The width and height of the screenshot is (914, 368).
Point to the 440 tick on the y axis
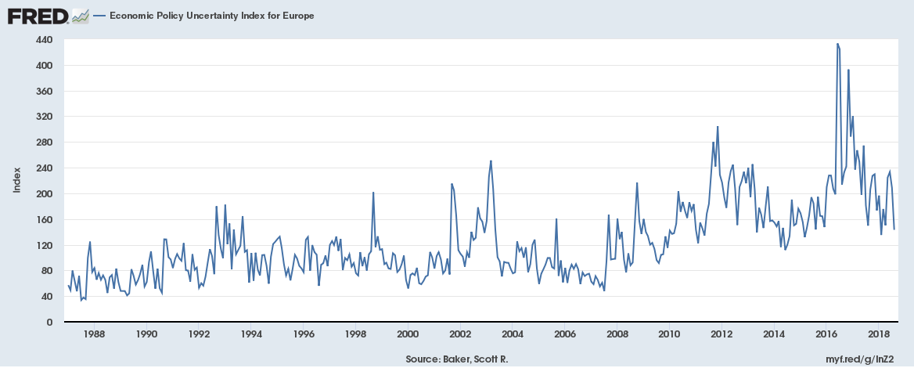[44, 40]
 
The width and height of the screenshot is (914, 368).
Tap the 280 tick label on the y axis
[44, 143]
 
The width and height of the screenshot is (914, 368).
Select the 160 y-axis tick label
[44, 220]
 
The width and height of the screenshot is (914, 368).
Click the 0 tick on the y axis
[49, 323]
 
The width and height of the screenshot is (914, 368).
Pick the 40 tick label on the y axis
[46, 297]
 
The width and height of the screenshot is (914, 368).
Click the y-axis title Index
[17, 181]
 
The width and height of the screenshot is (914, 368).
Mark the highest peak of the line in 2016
[837, 44]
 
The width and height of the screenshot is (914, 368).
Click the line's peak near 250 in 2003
[491, 161]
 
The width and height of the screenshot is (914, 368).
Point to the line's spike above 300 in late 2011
[718, 127]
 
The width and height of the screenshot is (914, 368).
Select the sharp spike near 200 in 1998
[373, 193]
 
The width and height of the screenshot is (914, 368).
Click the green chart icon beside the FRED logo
[80, 16]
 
